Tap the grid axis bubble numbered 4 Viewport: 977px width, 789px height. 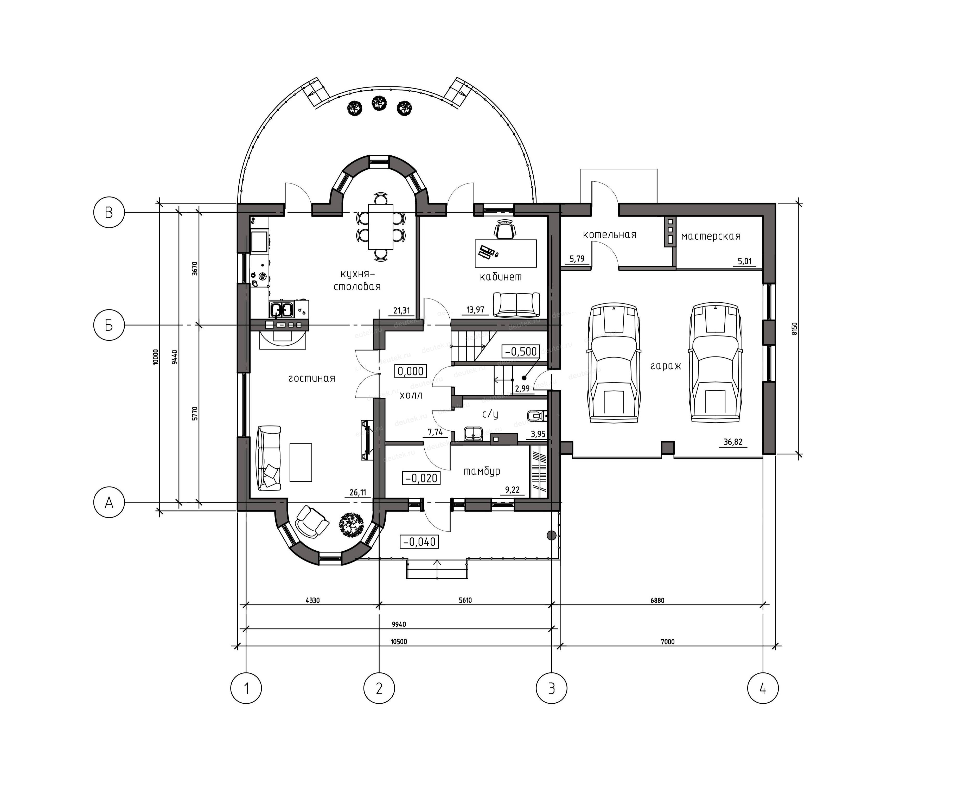(x=763, y=689)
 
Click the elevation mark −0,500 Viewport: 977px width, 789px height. (x=521, y=351)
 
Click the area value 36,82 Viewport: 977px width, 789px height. (x=733, y=442)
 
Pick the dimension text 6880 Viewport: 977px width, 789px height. (x=657, y=600)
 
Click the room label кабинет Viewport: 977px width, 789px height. (x=501, y=277)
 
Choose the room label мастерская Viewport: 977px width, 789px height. (x=711, y=236)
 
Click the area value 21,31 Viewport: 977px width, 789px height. (x=401, y=311)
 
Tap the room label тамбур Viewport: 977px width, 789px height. (x=482, y=471)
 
